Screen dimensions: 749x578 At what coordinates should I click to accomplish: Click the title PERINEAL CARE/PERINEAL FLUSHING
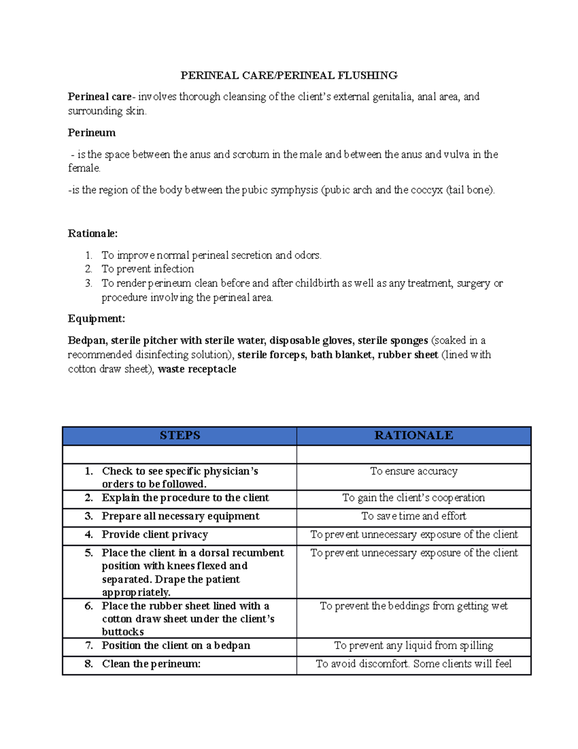coord(289,75)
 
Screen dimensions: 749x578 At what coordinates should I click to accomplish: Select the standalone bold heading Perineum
coord(92,133)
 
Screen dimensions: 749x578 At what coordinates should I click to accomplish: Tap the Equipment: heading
coord(96,319)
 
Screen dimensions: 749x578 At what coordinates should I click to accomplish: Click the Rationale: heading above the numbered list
coord(92,233)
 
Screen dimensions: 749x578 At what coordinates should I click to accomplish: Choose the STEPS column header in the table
coord(180,436)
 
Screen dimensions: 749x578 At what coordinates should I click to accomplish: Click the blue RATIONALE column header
coord(413,436)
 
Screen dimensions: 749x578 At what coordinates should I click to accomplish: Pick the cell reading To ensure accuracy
coord(413,471)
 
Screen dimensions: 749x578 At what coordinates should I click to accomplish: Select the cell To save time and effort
coord(413,516)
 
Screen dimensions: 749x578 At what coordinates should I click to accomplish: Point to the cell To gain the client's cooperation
coord(413,498)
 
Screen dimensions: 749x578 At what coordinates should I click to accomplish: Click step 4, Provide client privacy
coord(155,534)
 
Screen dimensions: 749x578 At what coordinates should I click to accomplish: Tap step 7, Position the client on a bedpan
coord(176,645)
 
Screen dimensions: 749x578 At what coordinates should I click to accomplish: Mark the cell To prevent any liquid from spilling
coord(413,645)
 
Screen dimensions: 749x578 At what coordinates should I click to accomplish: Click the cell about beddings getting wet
coord(413,606)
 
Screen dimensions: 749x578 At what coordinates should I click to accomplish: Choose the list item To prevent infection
coord(147,269)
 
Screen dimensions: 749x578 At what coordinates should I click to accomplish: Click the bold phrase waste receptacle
coord(197,369)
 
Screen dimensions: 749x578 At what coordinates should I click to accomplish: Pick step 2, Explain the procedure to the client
coord(185,498)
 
